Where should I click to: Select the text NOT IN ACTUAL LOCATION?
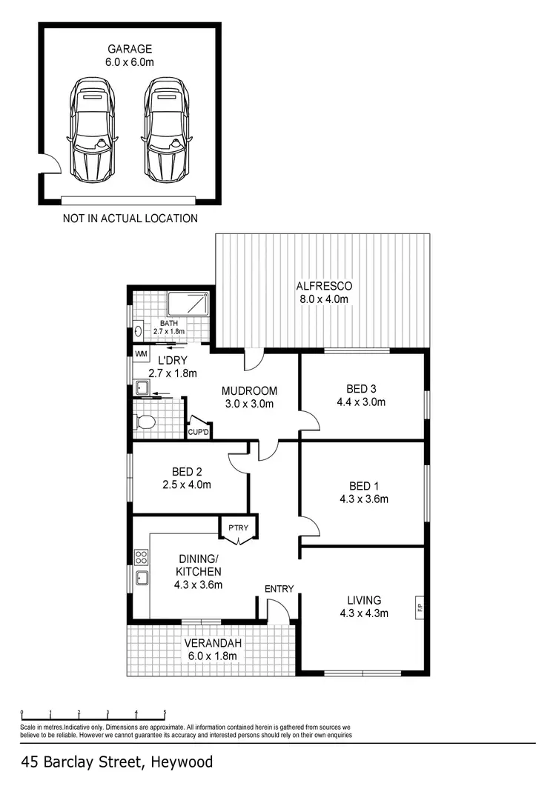(130, 219)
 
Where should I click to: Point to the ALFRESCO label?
(323, 286)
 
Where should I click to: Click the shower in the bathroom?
(188, 304)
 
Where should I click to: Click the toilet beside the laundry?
(145, 422)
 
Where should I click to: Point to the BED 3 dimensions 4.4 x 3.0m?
(361, 403)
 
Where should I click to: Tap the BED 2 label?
(186, 472)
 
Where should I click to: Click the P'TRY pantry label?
(237, 528)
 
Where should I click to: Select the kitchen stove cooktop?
(140, 557)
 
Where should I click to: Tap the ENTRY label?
(279, 589)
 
